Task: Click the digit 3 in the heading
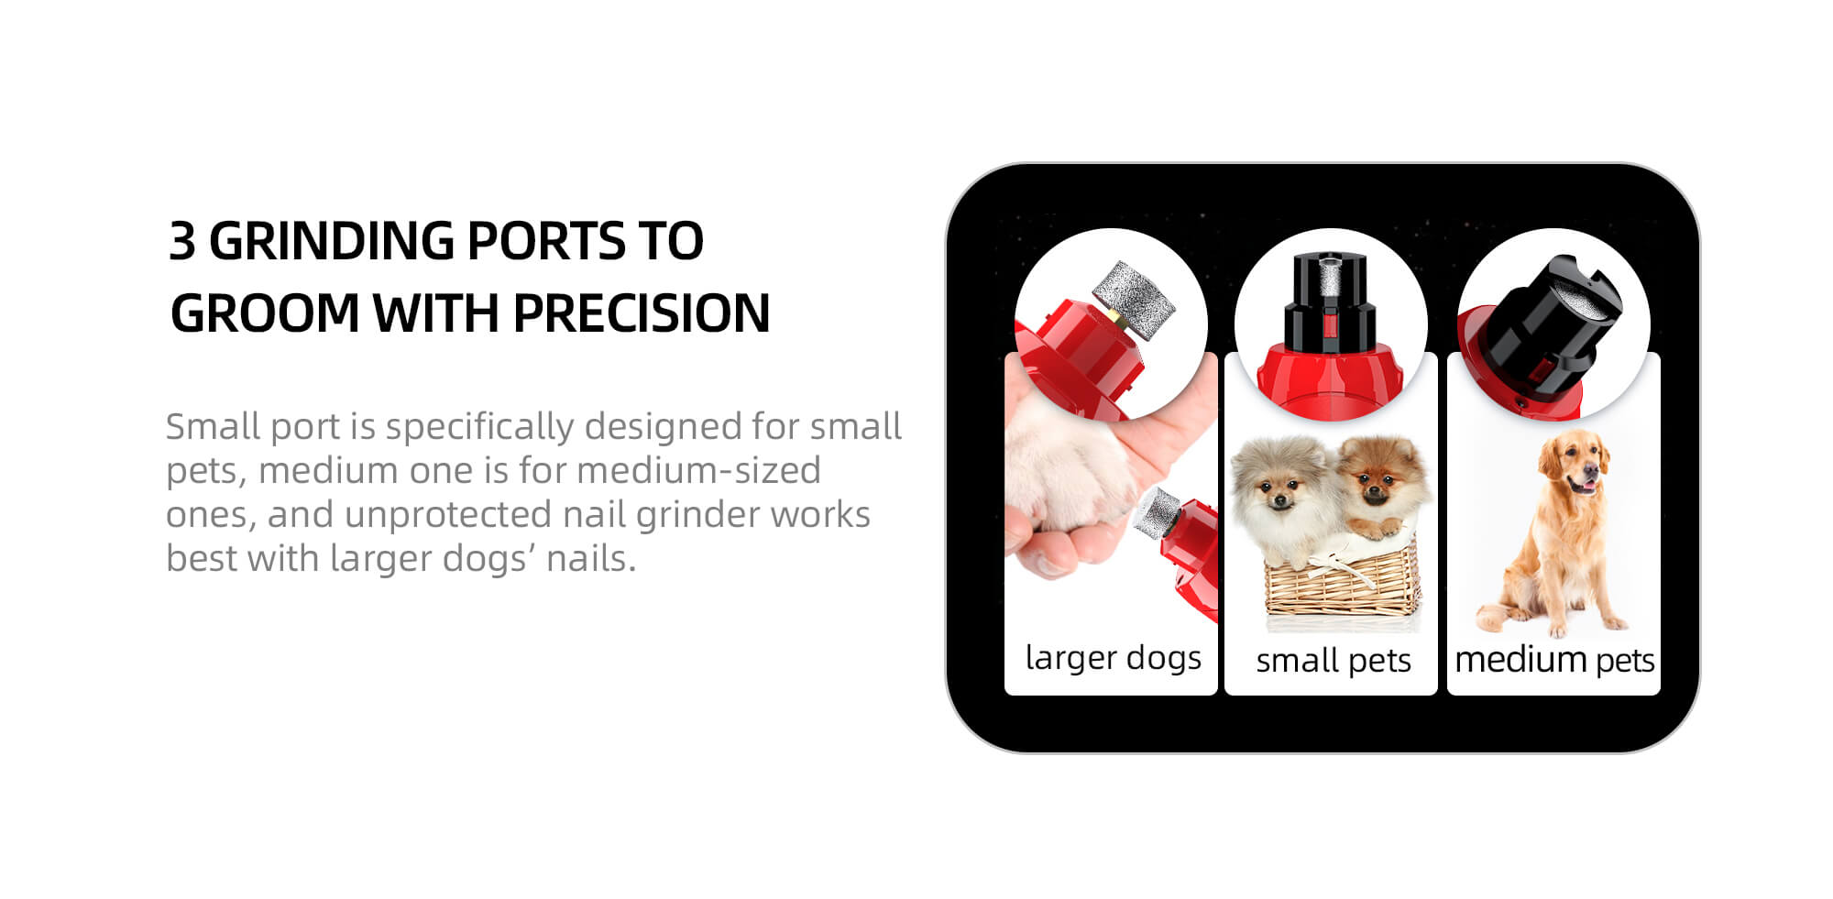click(182, 241)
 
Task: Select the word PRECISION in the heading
click(641, 313)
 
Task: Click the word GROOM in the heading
click(265, 313)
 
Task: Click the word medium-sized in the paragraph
click(698, 471)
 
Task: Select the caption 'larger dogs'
click(1113, 658)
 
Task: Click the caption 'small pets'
click(1333, 661)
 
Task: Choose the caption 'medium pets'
click(1554, 660)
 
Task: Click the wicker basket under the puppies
click(1340, 582)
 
